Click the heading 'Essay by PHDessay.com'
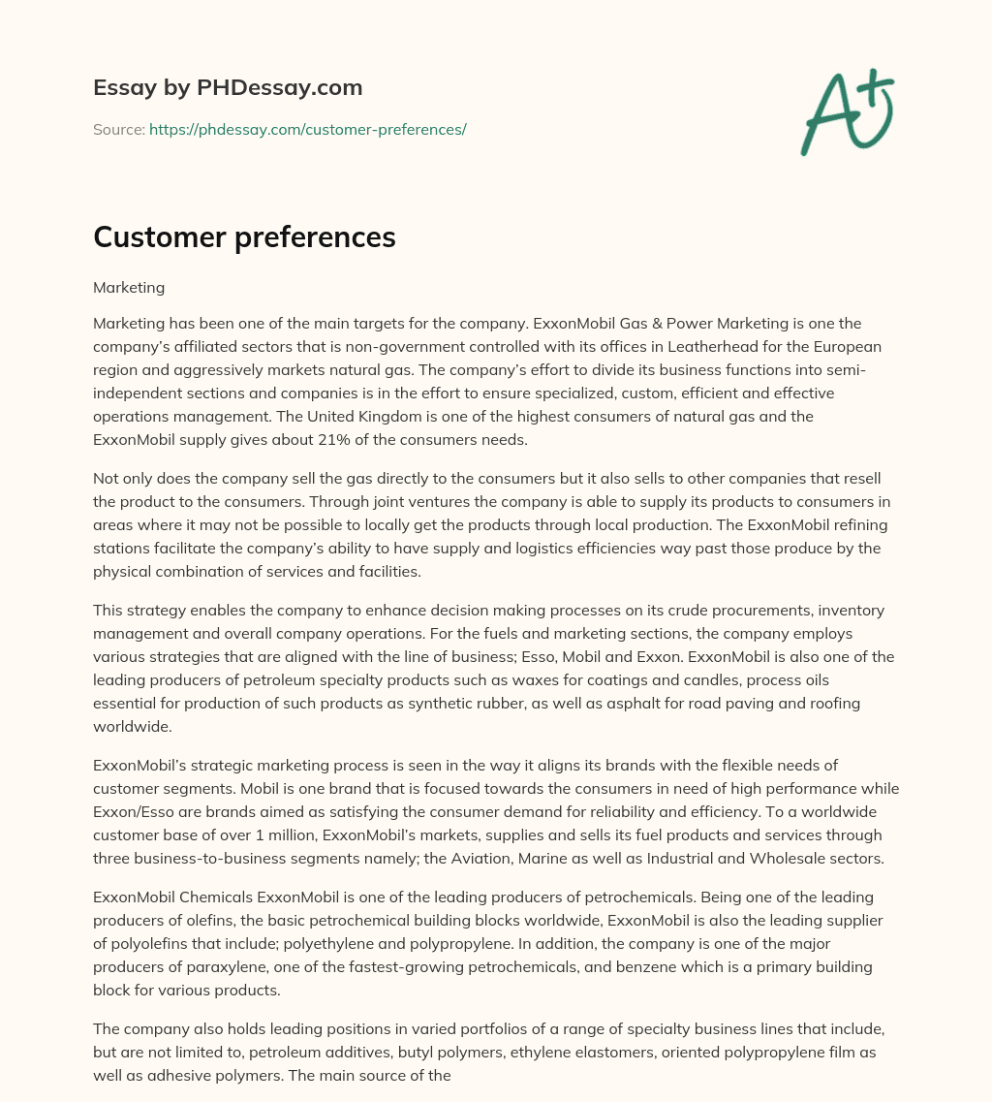(228, 88)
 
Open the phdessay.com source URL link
(307, 129)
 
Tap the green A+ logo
(846, 112)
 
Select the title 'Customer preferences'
(244, 238)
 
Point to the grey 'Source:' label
(118, 129)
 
